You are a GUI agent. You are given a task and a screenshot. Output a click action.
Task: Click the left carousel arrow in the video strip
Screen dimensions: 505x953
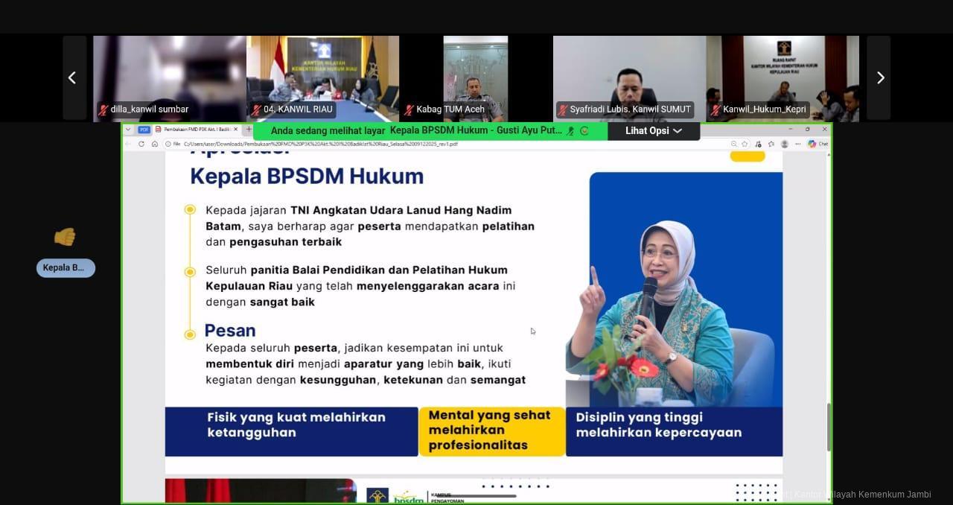pyautogui.click(x=72, y=77)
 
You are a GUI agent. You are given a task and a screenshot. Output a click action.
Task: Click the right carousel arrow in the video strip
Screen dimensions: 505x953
pyautogui.click(x=880, y=77)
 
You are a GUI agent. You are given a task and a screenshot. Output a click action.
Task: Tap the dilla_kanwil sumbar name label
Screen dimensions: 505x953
pyautogui.click(x=149, y=109)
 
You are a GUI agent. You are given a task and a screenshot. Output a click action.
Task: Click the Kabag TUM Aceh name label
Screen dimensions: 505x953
pyautogui.click(x=450, y=109)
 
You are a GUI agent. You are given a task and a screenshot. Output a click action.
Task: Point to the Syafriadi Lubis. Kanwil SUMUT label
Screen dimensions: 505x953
pyautogui.click(x=630, y=109)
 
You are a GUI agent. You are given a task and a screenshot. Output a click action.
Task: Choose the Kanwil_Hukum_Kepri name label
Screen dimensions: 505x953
pyautogui.click(x=763, y=109)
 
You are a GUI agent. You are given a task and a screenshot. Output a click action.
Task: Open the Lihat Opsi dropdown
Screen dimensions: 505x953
pyautogui.click(x=654, y=131)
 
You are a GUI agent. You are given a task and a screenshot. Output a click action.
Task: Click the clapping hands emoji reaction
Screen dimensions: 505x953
pyautogui.click(x=65, y=237)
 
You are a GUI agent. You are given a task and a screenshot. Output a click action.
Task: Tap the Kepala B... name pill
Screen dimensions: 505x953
pyautogui.click(x=66, y=268)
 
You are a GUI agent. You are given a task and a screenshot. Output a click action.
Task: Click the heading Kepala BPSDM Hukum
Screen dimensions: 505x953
pyautogui.click(x=307, y=177)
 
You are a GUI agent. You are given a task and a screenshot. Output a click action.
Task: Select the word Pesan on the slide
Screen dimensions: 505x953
pyautogui.click(x=230, y=331)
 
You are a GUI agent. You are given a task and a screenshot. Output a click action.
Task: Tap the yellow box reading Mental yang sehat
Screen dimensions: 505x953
pyautogui.click(x=491, y=431)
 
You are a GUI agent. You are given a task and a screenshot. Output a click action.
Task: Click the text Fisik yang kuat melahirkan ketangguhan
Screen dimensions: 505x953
pyautogui.click(x=296, y=425)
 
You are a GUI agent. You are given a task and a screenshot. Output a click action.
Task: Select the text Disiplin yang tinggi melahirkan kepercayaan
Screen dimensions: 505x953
pyautogui.click(x=658, y=425)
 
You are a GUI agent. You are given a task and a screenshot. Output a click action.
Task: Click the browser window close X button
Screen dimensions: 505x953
pyautogui.click(x=824, y=129)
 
